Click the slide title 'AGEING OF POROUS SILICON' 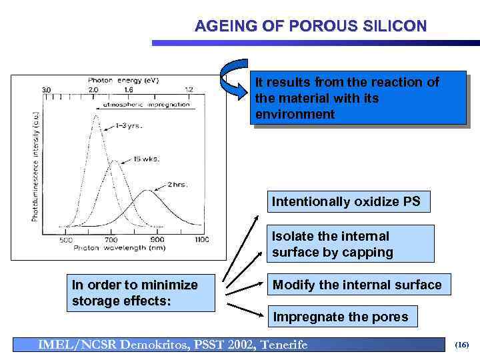tap(311, 27)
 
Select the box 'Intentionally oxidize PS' tap(346, 201)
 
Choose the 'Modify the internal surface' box tap(356, 285)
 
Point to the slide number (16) tap(461, 345)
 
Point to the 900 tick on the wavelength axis tap(157, 239)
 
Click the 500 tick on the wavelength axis tap(66, 239)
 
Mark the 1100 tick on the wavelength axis tap(201, 239)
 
